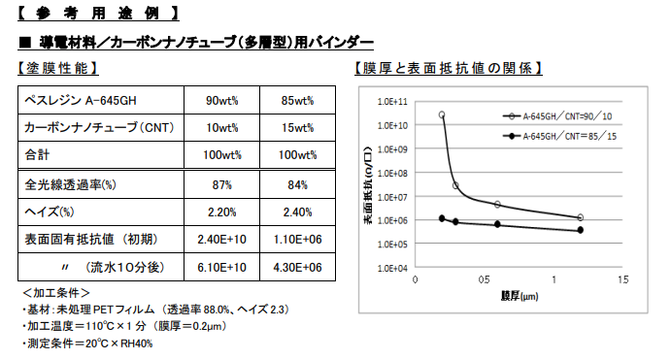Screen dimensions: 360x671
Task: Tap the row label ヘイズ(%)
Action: click(x=49, y=212)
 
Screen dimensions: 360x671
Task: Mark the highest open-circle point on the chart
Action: click(x=442, y=115)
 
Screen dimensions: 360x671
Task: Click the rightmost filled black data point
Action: click(x=581, y=230)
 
